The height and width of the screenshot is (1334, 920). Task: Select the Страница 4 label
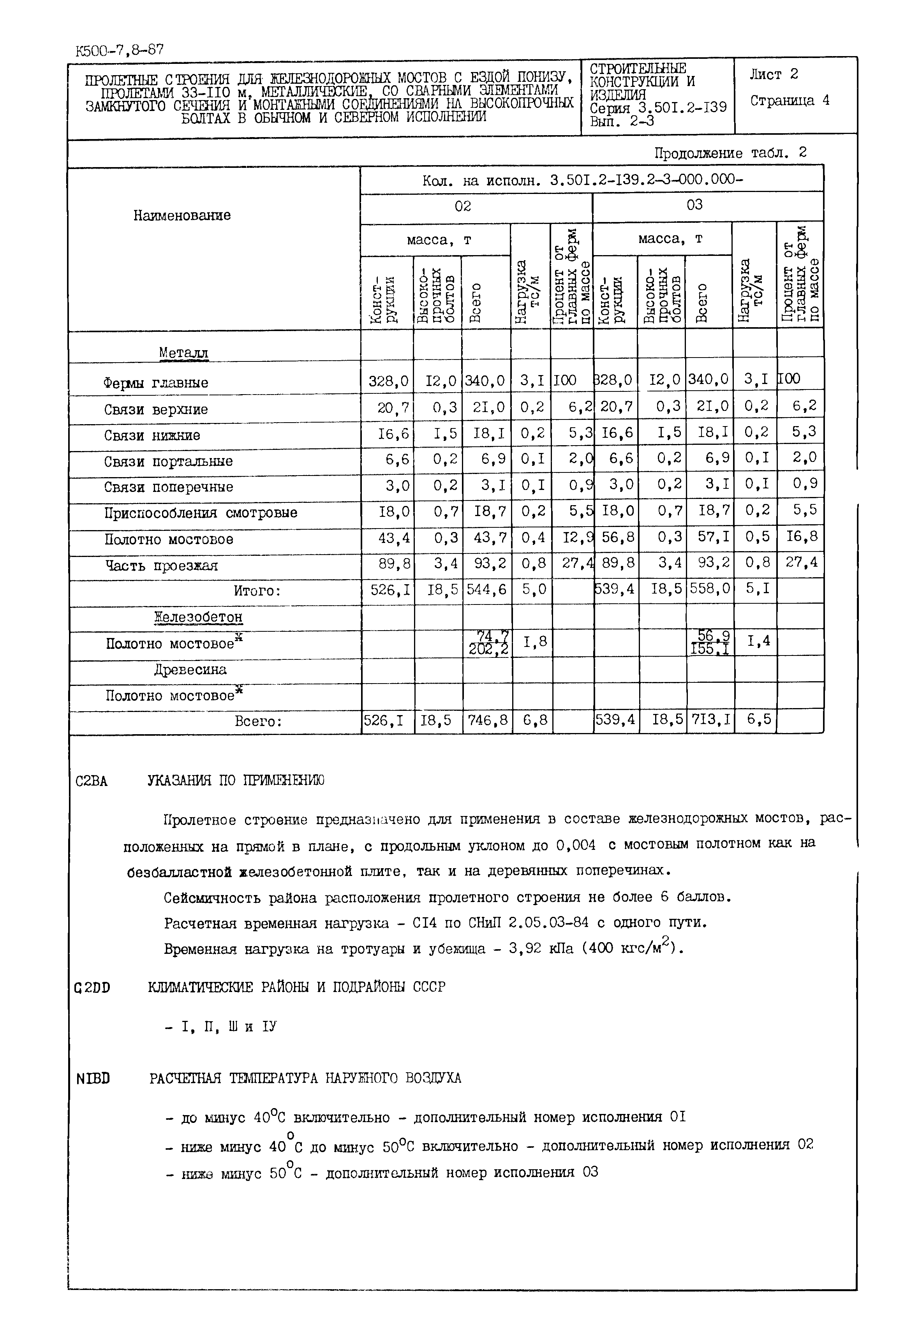(x=790, y=100)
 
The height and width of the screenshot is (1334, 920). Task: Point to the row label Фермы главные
(x=156, y=383)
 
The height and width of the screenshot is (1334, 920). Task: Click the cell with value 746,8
(x=487, y=720)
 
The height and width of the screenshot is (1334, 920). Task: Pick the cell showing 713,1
(x=710, y=719)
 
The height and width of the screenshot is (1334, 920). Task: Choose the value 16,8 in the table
(x=801, y=537)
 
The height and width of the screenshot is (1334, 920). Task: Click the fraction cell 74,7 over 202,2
(x=488, y=643)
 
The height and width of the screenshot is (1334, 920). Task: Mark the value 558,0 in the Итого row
(x=710, y=589)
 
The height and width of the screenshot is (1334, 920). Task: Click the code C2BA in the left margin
(x=91, y=781)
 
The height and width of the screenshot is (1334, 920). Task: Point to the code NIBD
(x=93, y=1078)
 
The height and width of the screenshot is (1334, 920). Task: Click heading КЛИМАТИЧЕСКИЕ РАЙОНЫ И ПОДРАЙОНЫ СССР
(x=296, y=987)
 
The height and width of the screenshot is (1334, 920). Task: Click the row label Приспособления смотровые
(x=201, y=513)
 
